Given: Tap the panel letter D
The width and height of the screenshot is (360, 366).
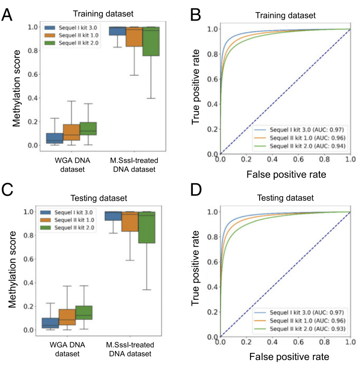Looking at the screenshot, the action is point(196,190).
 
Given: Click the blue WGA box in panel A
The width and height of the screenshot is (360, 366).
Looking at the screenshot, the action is point(55,138).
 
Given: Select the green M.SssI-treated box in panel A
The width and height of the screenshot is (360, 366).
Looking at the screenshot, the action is point(151,41).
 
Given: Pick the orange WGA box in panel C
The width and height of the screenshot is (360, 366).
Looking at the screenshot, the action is point(67,317).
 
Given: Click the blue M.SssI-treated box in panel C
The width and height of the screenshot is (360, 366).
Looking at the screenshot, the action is point(113,216).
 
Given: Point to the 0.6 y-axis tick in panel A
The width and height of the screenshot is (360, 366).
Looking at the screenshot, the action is point(33,74).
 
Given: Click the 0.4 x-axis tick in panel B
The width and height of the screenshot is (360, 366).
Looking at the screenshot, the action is point(272,159).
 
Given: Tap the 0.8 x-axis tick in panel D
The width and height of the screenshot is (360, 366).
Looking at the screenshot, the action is point(324,342).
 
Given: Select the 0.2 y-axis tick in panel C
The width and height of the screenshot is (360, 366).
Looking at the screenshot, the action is point(29,306).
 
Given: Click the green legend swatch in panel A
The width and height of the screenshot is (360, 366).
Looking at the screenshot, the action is point(50,43).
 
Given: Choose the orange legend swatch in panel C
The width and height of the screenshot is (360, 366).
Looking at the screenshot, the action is point(46,220).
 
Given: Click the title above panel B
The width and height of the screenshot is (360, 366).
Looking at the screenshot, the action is point(285,16).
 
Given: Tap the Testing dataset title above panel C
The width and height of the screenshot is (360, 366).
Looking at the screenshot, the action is point(99,198).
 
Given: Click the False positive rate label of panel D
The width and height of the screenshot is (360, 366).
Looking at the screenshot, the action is point(289,356).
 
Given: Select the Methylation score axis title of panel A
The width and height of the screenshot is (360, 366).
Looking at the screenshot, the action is point(17,88).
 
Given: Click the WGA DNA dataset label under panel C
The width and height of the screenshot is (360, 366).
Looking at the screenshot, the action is point(67,349).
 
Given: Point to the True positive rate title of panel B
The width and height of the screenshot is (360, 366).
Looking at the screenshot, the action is point(195,87).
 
